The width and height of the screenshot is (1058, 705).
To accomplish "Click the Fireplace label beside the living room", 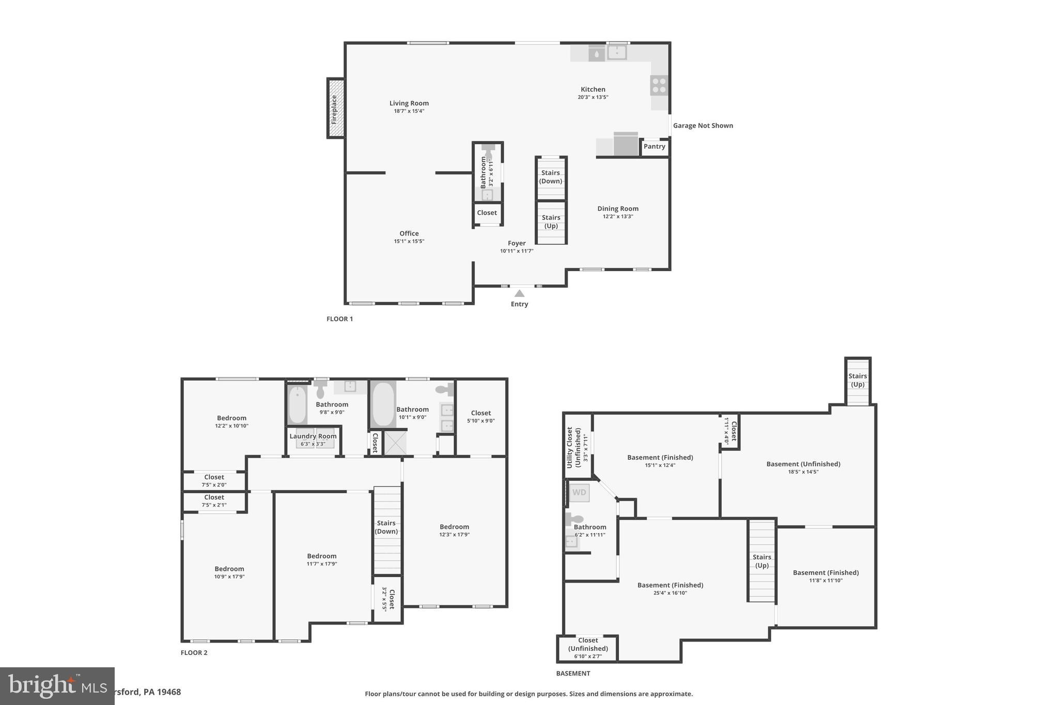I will [334, 109].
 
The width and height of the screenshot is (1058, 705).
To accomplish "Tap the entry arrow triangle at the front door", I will [520, 293].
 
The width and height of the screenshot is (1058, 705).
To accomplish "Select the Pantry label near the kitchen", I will [654, 147].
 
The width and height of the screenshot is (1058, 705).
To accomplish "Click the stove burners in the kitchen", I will [659, 85].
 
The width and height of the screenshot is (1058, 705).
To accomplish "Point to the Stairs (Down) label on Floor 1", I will [551, 177].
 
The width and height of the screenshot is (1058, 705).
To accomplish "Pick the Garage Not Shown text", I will [703, 126].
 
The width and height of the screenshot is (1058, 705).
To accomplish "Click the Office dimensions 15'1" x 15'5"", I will [409, 241].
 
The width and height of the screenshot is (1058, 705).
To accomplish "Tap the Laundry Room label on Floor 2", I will [313, 436].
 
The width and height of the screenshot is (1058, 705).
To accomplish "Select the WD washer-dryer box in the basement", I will [579, 493].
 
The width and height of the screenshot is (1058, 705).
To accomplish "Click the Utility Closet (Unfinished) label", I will [573, 447].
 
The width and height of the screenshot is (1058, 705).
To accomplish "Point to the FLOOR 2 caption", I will [194, 652].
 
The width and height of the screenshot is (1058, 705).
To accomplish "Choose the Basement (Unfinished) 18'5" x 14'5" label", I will [803, 467].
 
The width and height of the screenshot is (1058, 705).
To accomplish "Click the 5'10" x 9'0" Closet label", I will [480, 416].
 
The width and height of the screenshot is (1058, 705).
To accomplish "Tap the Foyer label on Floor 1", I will [517, 243].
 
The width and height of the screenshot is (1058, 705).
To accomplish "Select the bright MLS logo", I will [57, 686].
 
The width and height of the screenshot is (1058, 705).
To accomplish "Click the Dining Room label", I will [618, 209].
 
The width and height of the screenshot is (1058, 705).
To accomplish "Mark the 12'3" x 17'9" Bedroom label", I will [454, 530].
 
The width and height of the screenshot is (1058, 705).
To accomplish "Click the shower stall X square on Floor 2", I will [395, 443].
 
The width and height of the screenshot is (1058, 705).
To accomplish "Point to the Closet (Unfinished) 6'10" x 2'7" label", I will [588, 648].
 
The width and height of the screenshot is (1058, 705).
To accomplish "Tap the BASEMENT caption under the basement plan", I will [573, 673].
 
